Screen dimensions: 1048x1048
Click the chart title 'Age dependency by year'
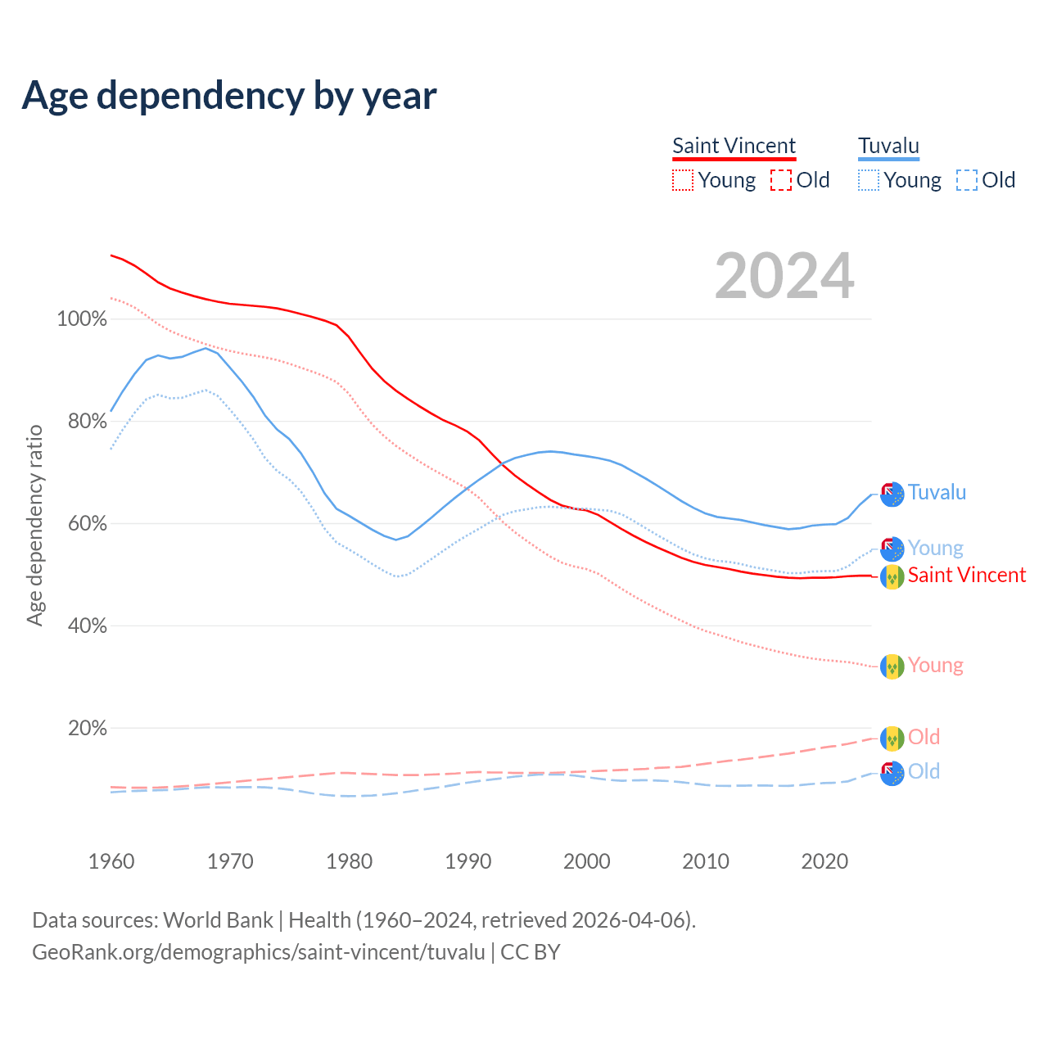pos(229,95)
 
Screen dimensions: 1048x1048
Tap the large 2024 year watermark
pos(784,276)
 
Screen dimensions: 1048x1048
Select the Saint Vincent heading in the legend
pos(734,146)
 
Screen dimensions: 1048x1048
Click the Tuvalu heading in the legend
pos(888,146)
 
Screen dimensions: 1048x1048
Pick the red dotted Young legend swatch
pos(682,180)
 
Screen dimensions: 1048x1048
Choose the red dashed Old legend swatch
pos(781,180)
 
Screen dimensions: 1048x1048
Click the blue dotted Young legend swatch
pos(869,180)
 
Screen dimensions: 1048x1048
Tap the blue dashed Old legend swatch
pos(967,180)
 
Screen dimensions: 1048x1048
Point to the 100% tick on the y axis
pos(82,318)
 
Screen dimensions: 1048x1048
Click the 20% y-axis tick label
pos(87,728)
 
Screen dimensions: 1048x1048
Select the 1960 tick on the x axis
pos(111,861)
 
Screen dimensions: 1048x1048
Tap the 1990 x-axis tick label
pos(468,861)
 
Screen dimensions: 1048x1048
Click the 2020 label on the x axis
pos(824,861)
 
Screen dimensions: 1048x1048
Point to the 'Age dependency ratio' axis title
pos(34,525)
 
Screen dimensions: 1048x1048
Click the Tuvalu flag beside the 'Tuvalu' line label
pos(892,494)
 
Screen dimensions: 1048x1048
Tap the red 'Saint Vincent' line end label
pos(966,575)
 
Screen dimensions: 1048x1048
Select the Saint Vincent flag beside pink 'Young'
pos(892,666)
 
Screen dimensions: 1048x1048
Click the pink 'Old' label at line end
pos(924,737)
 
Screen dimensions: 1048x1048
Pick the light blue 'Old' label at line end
pos(924,771)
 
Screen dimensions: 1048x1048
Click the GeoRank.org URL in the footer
pos(259,952)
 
